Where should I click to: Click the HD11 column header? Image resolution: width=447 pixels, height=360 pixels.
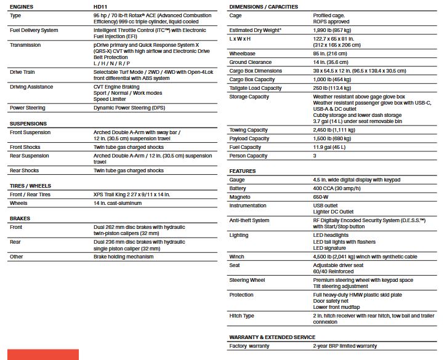pyautogui.click(x=101, y=7)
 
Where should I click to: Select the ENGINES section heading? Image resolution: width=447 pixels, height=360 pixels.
pyautogui.click(x=22, y=7)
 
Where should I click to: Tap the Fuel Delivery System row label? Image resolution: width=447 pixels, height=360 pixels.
pyautogui.click(x=34, y=30)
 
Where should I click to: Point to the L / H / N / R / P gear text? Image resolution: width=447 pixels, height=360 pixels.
pyautogui.click(x=111, y=63)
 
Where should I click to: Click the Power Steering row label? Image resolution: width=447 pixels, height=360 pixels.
pyautogui.click(x=28, y=108)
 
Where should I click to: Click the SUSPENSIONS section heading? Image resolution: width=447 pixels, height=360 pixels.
pyautogui.click(x=28, y=124)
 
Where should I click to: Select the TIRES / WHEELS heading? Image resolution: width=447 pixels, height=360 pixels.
pyautogui.click(x=30, y=186)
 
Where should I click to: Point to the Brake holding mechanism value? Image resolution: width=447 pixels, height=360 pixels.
pyautogui.click(x=124, y=257)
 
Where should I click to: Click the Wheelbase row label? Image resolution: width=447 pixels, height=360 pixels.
pyautogui.click(x=243, y=54)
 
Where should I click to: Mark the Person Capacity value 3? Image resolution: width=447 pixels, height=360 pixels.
pyautogui.click(x=315, y=156)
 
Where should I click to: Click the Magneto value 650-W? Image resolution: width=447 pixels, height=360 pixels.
pyautogui.click(x=321, y=197)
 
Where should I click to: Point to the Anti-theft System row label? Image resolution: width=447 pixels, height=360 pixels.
pyautogui.click(x=249, y=220)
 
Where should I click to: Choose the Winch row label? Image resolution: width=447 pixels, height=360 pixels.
pyautogui.click(x=237, y=257)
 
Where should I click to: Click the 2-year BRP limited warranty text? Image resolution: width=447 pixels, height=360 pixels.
pyautogui.click(x=345, y=346)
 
